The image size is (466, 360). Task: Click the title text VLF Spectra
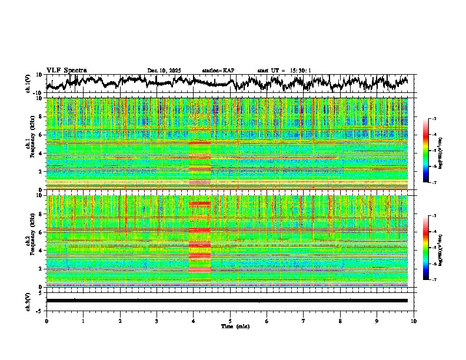point(66,71)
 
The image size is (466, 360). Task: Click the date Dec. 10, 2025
point(164,71)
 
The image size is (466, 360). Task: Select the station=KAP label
point(218,71)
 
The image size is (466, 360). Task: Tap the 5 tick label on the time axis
point(230,321)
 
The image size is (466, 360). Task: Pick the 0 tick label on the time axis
point(46,321)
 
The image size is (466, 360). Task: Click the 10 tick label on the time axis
point(414,321)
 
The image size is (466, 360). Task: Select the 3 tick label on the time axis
point(157,321)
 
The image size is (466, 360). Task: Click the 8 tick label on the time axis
point(340,321)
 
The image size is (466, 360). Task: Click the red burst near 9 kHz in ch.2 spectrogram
point(199,204)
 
